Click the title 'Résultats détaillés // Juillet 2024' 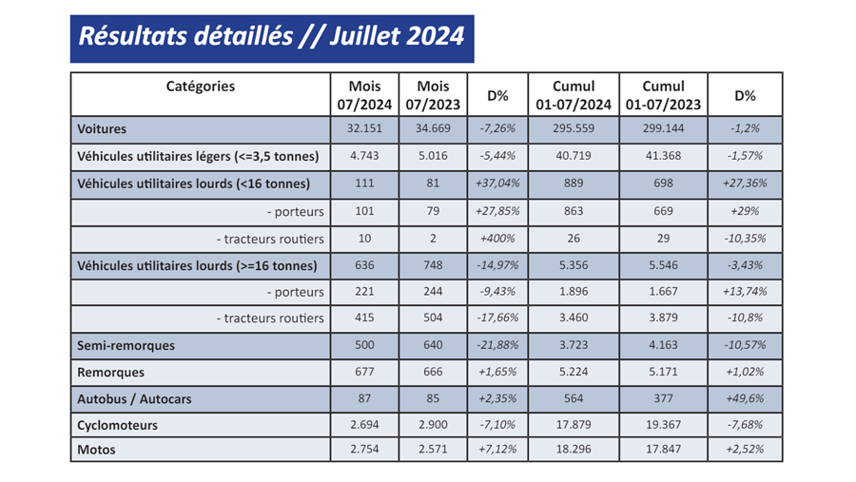[x=271, y=37]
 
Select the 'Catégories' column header [x=200, y=87]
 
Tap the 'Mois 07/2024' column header [x=365, y=94]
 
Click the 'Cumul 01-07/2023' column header [x=662, y=94]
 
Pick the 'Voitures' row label [x=102, y=128]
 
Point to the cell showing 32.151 [x=365, y=128]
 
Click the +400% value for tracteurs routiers [x=497, y=238]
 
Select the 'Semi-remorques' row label [x=126, y=345]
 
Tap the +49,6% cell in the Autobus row [x=744, y=399]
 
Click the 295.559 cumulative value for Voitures [x=573, y=128]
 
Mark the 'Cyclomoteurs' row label [x=118, y=425]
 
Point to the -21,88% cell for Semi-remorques [x=497, y=345]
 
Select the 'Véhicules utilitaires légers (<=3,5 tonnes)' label [x=198, y=156]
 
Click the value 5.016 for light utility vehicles [x=434, y=156]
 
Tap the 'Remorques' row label [x=110, y=373]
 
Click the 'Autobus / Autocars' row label [x=134, y=399]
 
